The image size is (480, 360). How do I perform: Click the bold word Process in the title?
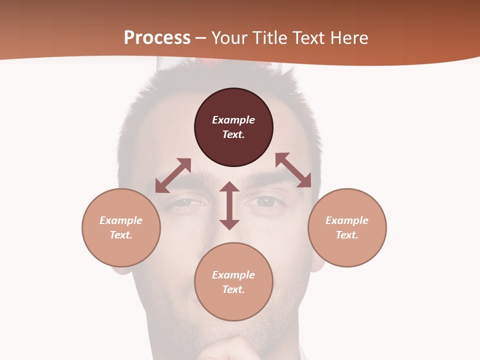(x=157, y=38)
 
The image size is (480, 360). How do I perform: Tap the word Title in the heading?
(x=269, y=38)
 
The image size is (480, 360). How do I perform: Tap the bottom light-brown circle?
(x=233, y=305)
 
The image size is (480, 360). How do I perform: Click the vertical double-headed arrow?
(x=229, y=205)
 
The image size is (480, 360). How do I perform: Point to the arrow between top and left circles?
(x=173, y=175)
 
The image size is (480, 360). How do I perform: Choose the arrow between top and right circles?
(x=293, y=170)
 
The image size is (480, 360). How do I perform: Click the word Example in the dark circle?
(x=233, y=120)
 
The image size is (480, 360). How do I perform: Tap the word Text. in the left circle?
(x=121, y=235)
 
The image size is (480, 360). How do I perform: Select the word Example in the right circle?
(x=347, y=220)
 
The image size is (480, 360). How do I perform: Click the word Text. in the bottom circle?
(x=233, y=289)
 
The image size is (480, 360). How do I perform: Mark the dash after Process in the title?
(x=200, y=38)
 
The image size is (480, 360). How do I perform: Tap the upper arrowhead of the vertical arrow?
(x=229, y=187)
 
